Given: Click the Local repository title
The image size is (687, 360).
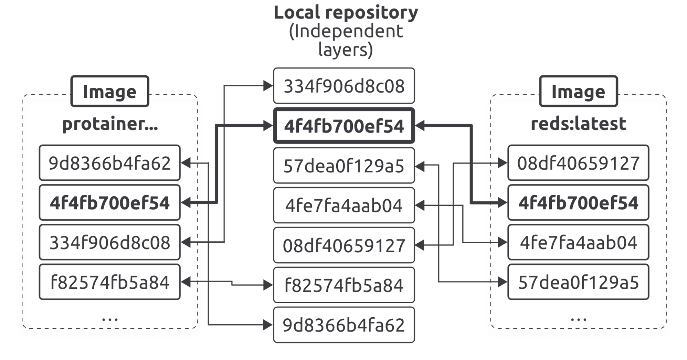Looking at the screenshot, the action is pyautogui.click(x=346, y=13).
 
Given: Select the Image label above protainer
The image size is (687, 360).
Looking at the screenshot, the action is pyautogui.click(x=110, y=91).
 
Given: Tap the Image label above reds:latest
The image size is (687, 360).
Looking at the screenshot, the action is pyautogui.click(x=578, y=91).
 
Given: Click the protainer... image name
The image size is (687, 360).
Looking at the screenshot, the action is pyautogui.click(x=110, y=124).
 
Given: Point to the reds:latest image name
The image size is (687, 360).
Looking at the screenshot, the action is pyautogui.click(x=578, y=123).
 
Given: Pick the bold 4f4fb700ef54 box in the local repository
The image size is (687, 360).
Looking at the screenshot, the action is pyautogui.click(x=344, y=126).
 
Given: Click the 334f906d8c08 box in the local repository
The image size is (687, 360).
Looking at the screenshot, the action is pyautogui.click(x=344, y=86).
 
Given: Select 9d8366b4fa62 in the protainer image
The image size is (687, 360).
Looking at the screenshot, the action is pyautogui.click(x=110, y=163).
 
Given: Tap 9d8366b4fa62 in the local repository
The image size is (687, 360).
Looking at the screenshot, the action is pyautogui.click(x=344, y=325).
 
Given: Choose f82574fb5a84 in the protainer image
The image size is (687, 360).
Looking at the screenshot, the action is pyautogui.click(x=110, y=282).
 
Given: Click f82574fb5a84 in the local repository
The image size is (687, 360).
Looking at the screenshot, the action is pyautogui.click(x=344, y=285).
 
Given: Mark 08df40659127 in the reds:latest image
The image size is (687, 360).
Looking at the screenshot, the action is pyautogui.click(x=578, y=163).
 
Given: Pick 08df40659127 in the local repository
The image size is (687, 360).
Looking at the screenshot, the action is pyautogui.click(x=344, y=245).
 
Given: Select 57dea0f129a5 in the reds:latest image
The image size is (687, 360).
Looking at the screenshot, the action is pyautogui.click(x=578, y=282).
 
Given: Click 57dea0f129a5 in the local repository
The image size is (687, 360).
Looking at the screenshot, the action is pyautogui.click(x=344, y=166).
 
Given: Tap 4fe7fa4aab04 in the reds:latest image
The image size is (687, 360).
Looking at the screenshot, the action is pyautogui.click(x=578, y=242).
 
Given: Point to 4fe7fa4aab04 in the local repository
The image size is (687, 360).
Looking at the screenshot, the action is pyautogui.click(x=344, y=205).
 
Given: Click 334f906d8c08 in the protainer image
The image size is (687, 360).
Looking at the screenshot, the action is pyautogui.click(x=110, y=242).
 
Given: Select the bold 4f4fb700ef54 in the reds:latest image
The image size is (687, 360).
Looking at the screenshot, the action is pyautogui.click(x=578, y=202).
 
